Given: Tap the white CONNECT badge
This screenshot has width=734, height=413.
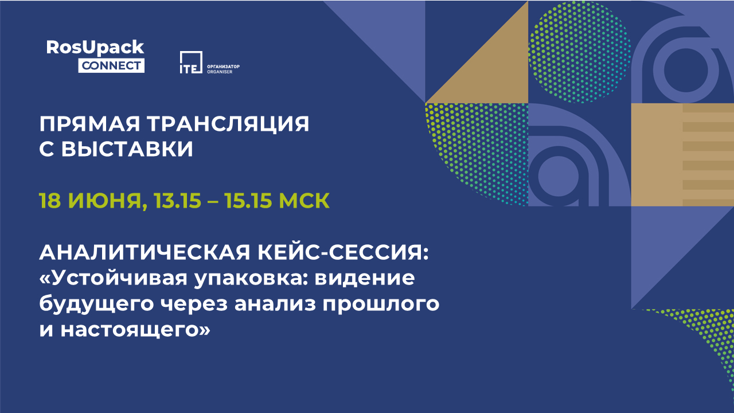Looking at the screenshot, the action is click(x=111, y=66).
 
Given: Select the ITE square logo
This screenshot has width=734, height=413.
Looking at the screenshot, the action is click(x=191, y=63).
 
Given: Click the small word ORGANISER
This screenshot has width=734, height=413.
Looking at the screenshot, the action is click(x=220, y=72).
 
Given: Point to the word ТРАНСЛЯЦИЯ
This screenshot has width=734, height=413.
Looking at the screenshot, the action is click(x=228, y=124).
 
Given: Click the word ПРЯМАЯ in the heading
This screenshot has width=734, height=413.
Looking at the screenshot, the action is click(x=90, y=124).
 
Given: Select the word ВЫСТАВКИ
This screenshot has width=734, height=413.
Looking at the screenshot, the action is click(x=127, y=149).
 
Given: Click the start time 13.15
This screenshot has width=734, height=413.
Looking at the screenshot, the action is click(x=177, y=200).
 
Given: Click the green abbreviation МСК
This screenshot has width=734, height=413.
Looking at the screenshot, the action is click(x=304, y=200).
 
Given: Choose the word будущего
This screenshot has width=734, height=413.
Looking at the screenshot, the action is click(x=97, y=305).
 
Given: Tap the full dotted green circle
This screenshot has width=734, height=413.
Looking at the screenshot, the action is click(x=580, y=52).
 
